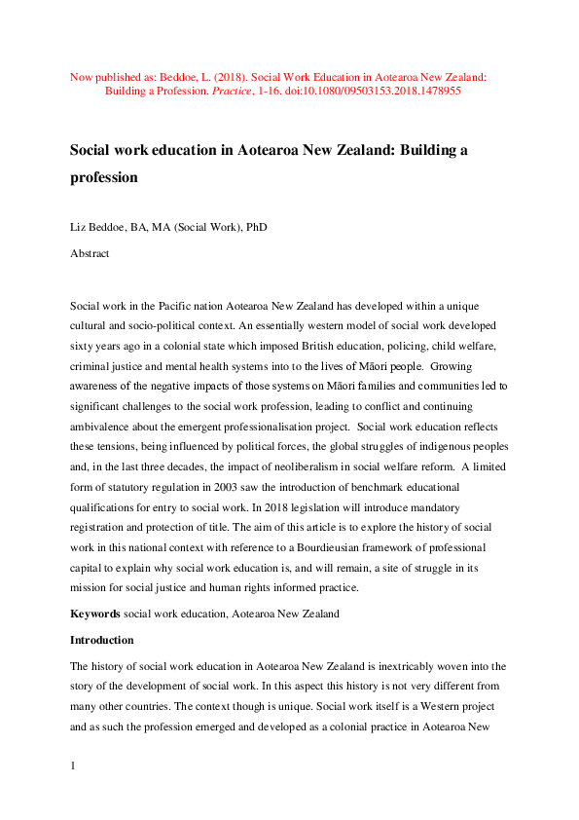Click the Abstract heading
(90, 253)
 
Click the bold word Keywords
(95, 615)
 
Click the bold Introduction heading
(102, 641)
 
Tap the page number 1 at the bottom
(73, 767)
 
